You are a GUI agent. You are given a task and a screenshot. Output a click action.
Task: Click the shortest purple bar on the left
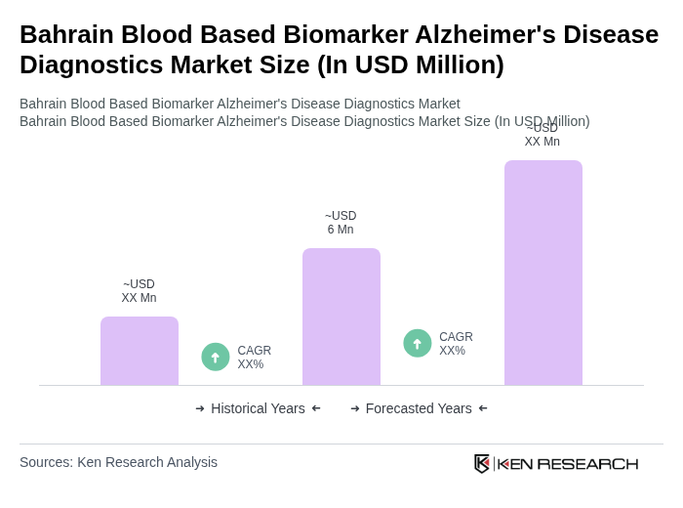140,351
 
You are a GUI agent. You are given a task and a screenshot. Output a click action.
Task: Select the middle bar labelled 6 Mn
341,317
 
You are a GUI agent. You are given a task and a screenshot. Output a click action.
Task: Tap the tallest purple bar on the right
543,273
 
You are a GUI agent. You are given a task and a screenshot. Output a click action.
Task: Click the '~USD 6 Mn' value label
341,223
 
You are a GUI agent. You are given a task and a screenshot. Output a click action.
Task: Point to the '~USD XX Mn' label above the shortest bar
139,291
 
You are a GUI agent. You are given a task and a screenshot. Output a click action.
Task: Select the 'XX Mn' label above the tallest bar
542,141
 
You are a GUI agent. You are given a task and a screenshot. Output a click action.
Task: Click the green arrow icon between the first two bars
216,357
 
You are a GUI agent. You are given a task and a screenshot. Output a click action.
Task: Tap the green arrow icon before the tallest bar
418,343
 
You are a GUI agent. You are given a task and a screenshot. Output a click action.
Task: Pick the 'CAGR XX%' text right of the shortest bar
254,358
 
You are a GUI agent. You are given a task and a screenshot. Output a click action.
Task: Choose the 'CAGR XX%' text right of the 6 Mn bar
456,344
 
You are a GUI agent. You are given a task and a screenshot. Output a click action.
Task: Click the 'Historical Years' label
258,408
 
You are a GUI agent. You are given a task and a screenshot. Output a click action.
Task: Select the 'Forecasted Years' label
419,408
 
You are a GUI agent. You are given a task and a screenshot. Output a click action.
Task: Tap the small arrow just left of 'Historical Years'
200,408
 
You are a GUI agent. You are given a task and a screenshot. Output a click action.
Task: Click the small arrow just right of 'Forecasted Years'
483,408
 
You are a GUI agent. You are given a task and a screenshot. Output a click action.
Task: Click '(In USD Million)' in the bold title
410,64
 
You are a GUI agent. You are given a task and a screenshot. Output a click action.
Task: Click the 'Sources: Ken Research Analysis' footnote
118,462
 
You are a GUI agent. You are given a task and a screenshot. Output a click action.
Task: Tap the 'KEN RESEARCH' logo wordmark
568,463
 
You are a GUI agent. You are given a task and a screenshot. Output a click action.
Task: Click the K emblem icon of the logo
482,463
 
